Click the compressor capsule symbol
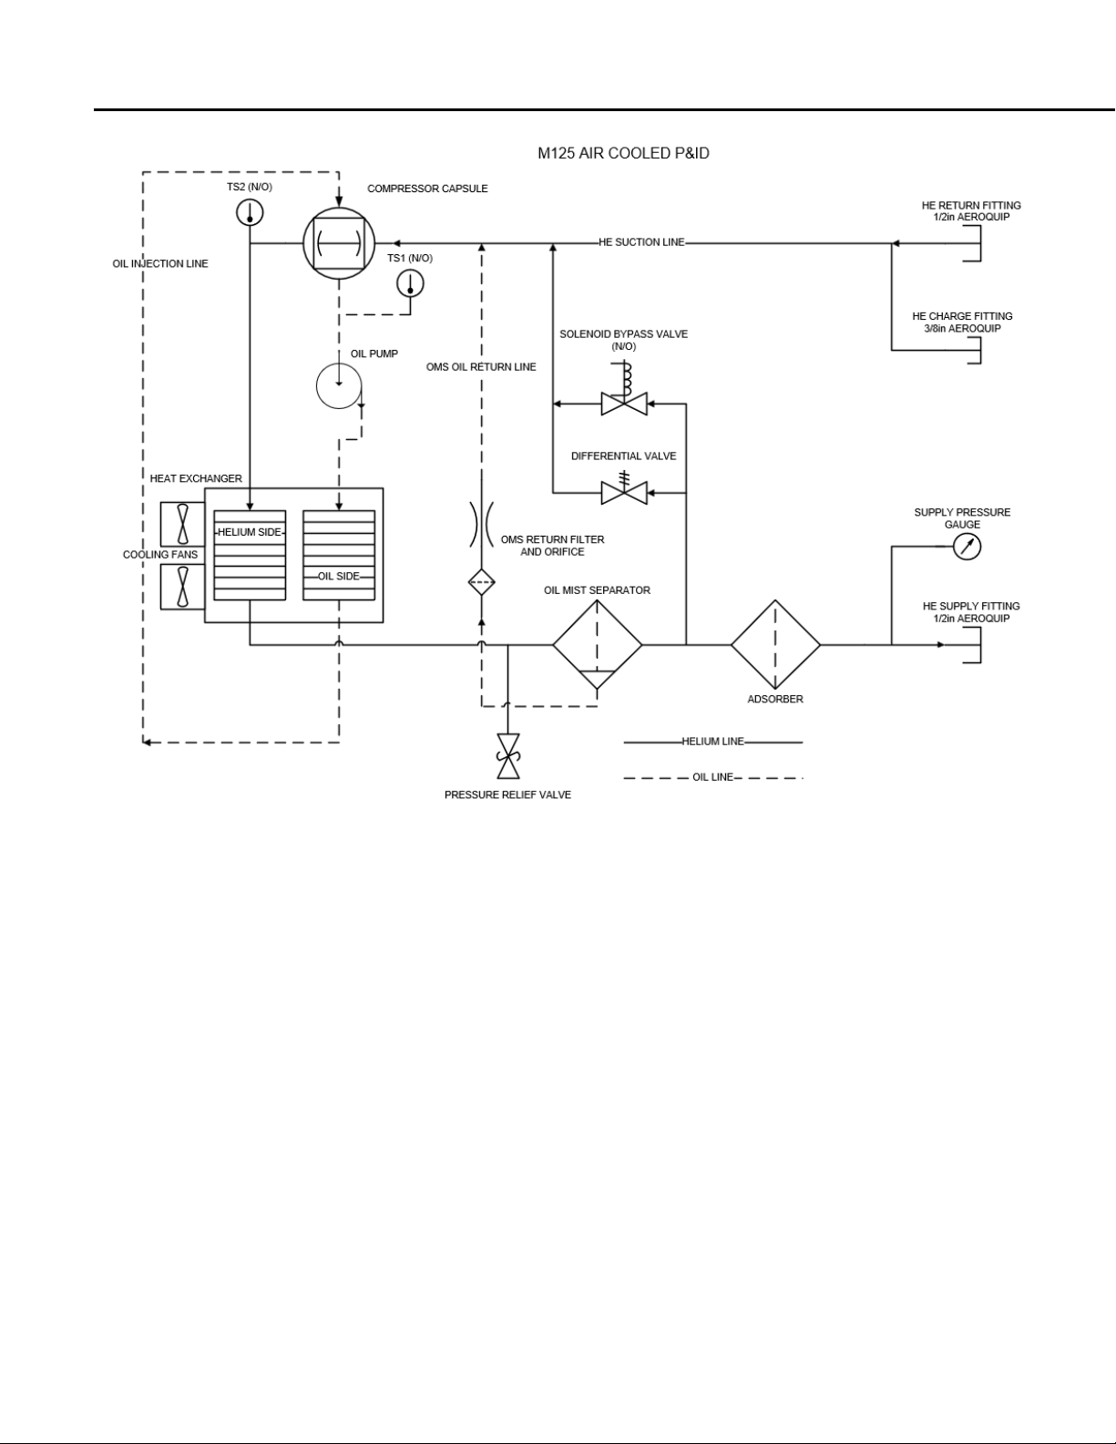pyautogui.click(x=339, y=243)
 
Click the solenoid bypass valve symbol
pyautogui.click(x=624, y=397)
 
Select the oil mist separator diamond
pyautogui.click(x=598, y=645)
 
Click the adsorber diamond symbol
pyautogui.click(x=775, y=645)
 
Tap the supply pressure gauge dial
pyautogui.click(x=967, y=547)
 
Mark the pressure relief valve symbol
pyautogui.click(x=508, y=756)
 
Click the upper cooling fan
pyautogui.click(x=183, y=525)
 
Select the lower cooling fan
pyautogui.click(x=183, y=587)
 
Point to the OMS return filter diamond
pyautogui.click(x=482, y=583)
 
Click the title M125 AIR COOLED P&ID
pyautogui.click(x=623, y=153)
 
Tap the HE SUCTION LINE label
pyautogui.click(x=641, y=242)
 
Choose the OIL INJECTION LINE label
pyautogui.click(x=160, y=264)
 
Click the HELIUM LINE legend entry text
pyautogui.click(x=712, y=742)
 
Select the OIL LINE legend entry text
pyautogui.click(x=712, y=777)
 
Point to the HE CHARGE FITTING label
pyautogui.click(x=962, y=316)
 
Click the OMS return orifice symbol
pyautogui.click(x=482, y=524)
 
